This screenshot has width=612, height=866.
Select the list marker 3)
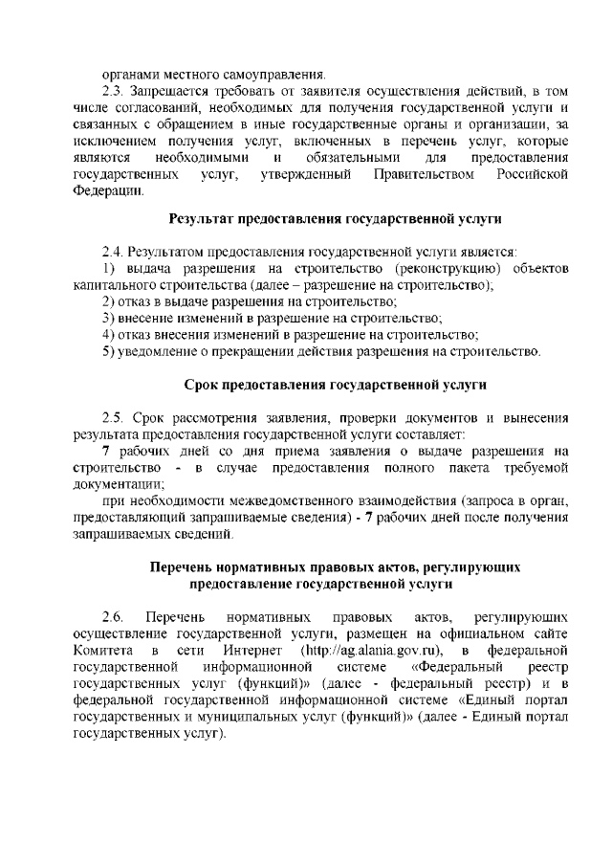tap(108, 318)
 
